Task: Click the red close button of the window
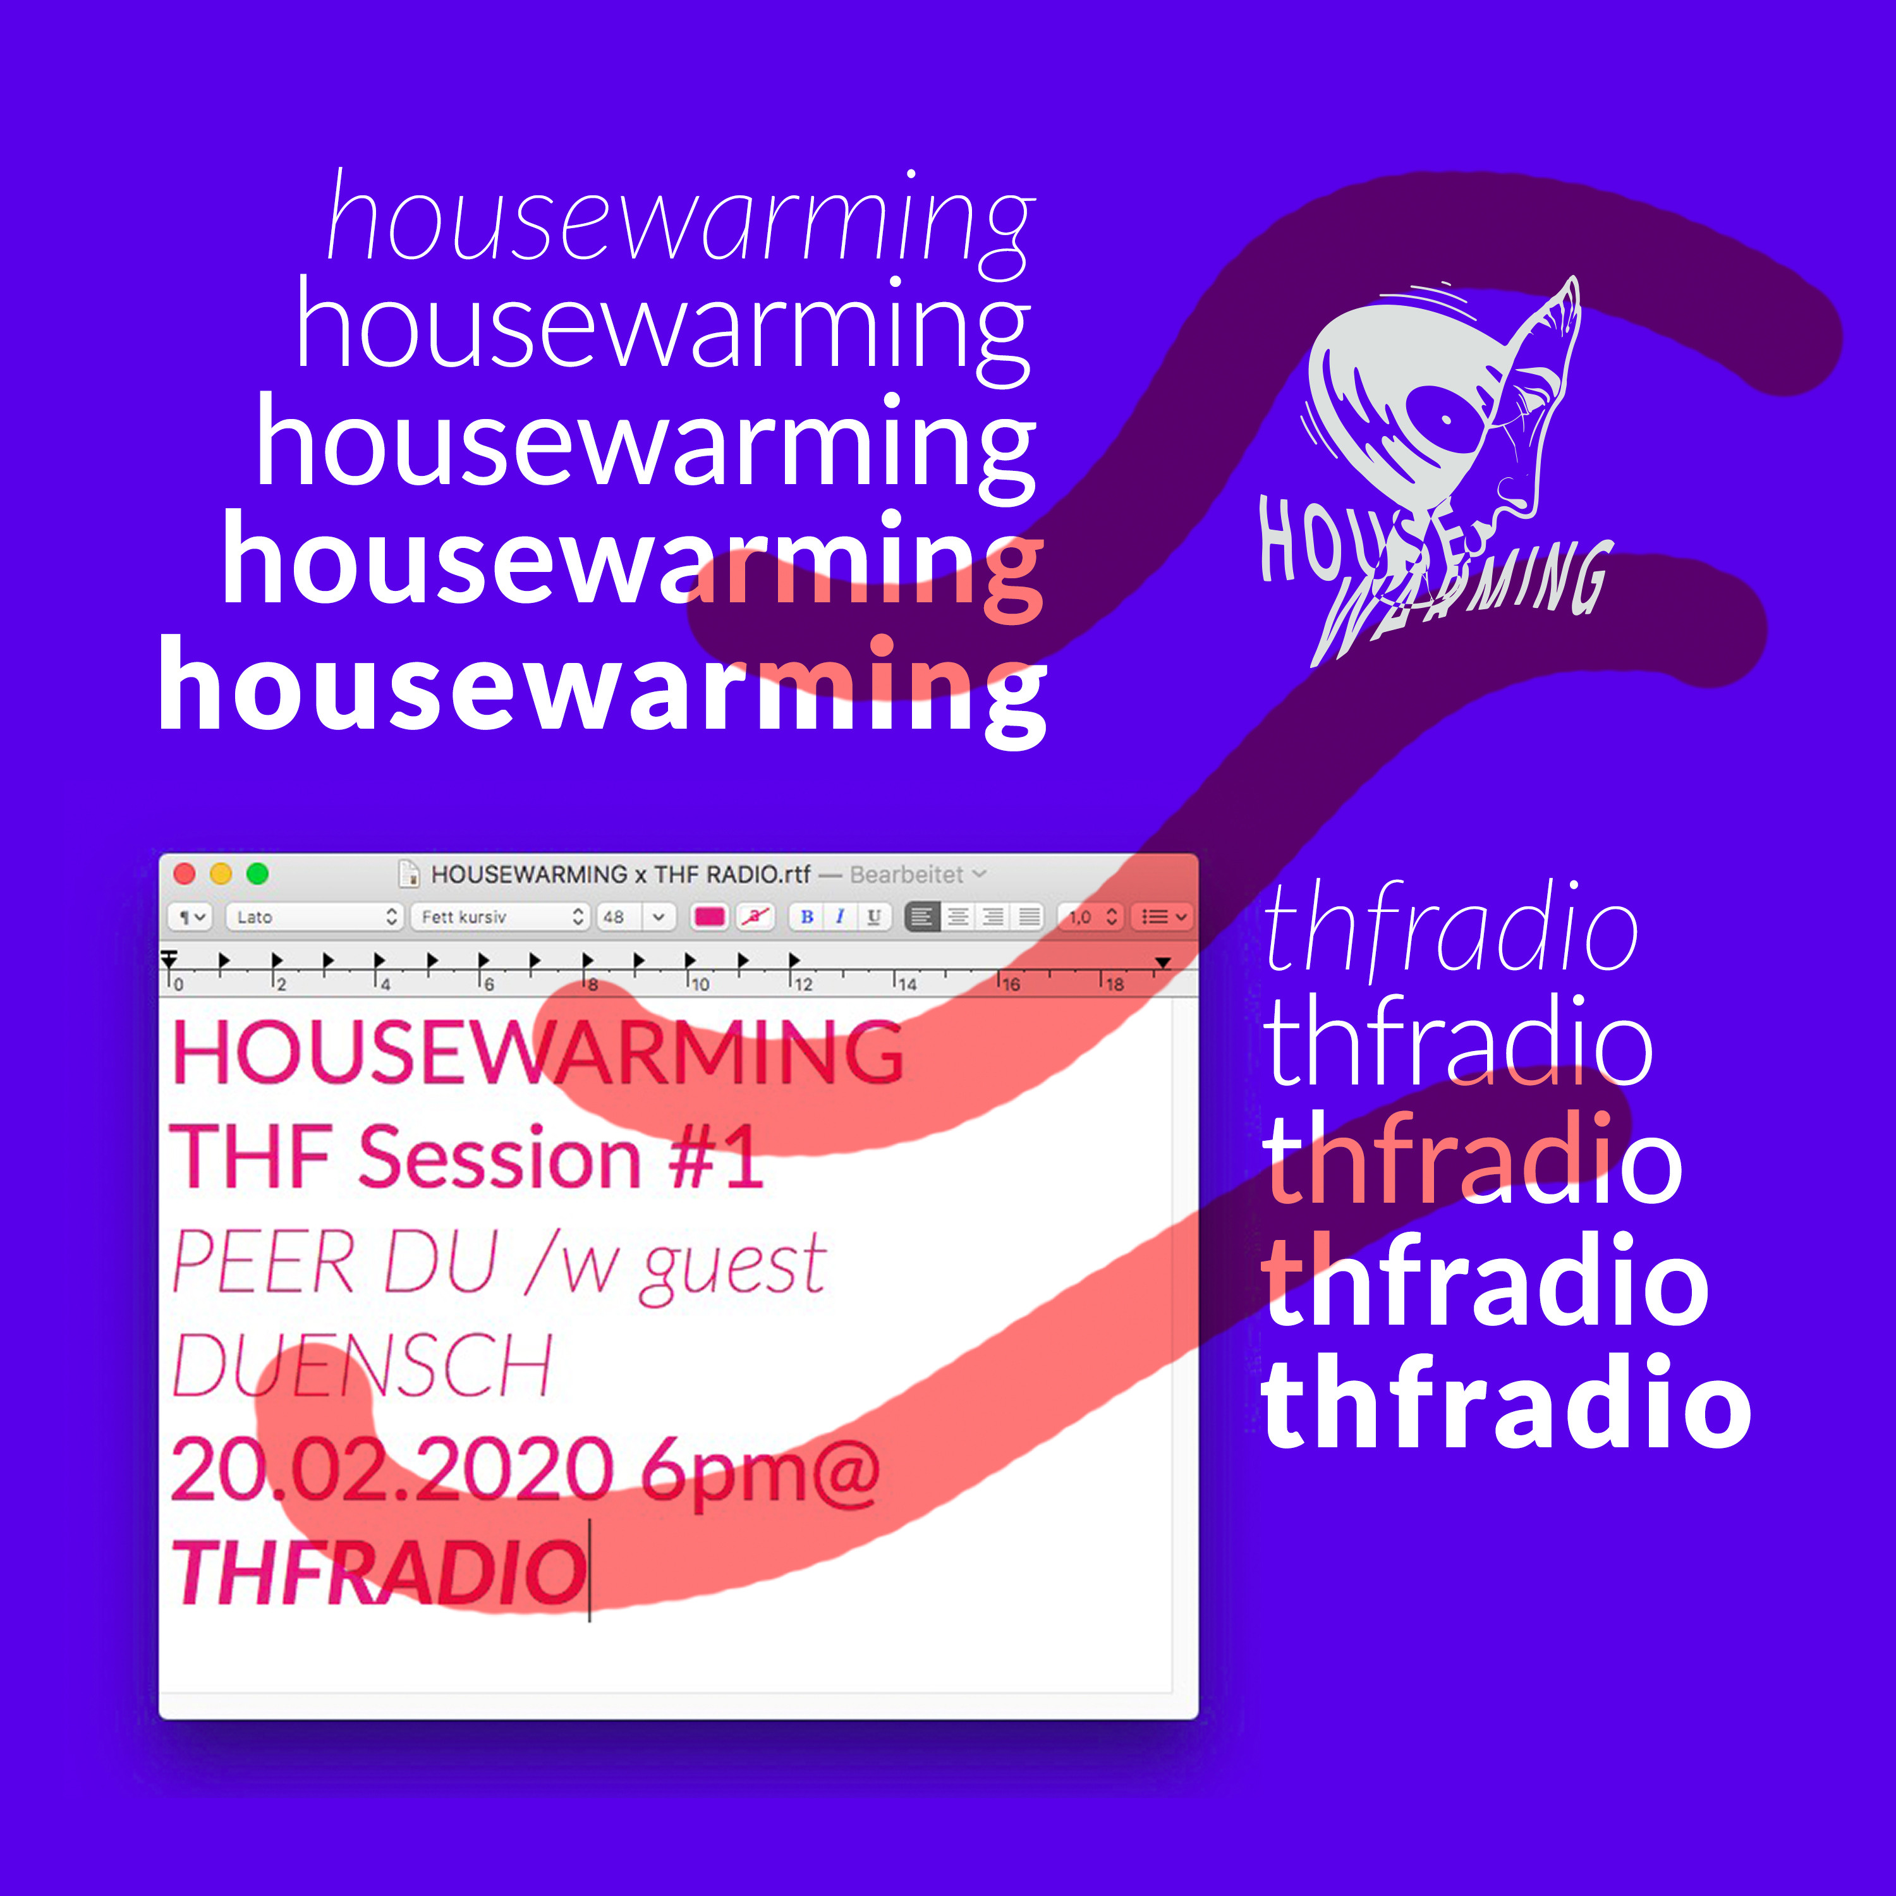click(x=183, y=873)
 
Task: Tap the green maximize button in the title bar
click(x=257, y=873)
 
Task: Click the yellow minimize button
click(x=221, y=873)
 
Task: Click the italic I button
click(x=840, y=916)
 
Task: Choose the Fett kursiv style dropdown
click(x=499, y=916)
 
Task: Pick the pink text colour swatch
click(x=710, y=916)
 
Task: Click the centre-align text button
click(x=959, y=916)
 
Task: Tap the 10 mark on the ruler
click(x=700, y=983)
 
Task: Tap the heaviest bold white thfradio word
click(x=1507, y=1401)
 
